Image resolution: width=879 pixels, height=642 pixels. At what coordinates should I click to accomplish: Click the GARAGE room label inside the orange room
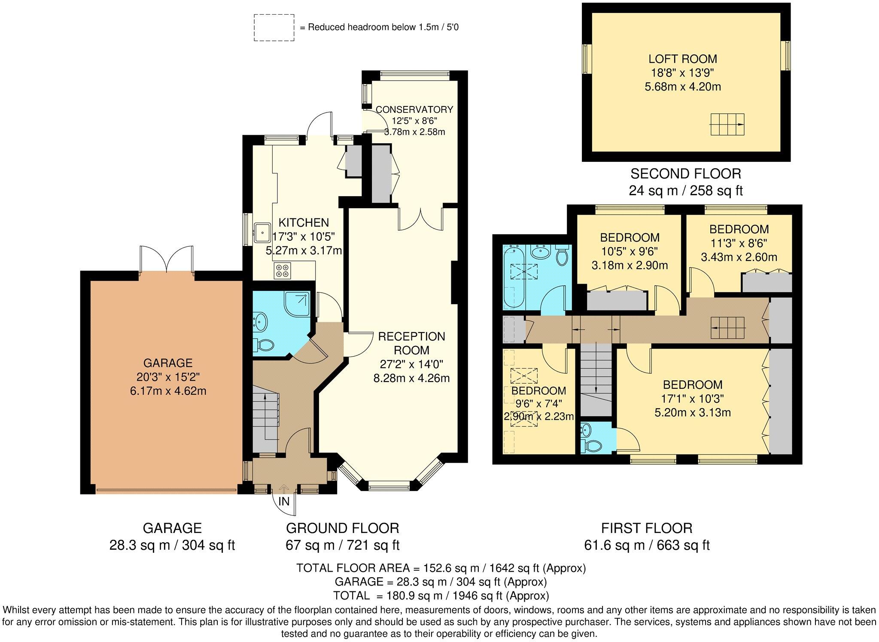(167, 363)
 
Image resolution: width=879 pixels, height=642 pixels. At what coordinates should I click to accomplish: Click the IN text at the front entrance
(284, 501)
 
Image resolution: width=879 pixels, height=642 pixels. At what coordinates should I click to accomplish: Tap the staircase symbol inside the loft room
(727, 124)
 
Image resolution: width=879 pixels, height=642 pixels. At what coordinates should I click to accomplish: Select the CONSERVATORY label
(414, 109)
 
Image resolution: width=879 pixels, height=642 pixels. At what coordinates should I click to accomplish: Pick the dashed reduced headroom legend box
(274, 27)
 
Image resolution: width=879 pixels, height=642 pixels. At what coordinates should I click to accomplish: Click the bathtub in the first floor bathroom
(512, 277)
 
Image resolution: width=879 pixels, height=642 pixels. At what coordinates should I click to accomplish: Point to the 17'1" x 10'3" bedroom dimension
(692, 399)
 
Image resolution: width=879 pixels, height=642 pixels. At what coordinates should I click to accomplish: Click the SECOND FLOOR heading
(685, 173)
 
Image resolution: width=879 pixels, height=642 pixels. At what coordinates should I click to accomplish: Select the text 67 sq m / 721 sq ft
(342, 545)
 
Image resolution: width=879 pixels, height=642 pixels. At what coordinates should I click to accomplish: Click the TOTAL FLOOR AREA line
(441, 568)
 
